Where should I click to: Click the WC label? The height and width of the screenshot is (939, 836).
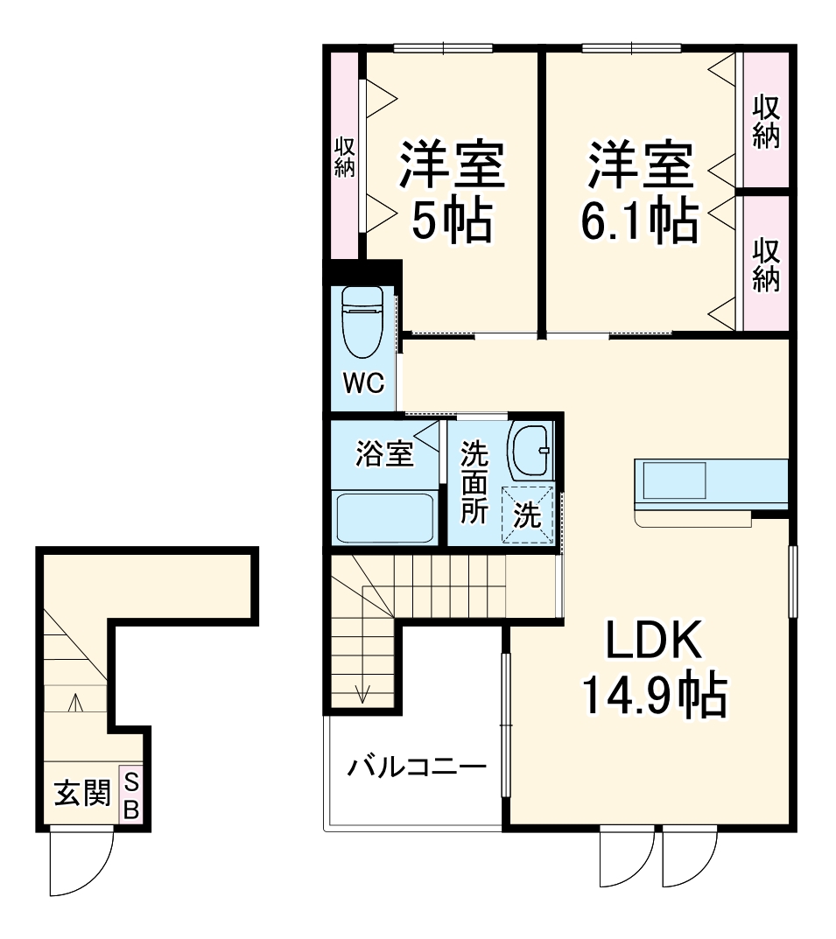pos(363,385)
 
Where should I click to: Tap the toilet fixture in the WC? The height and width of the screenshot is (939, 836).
pos(362,321)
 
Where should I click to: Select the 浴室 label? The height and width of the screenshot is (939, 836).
pos(383,455)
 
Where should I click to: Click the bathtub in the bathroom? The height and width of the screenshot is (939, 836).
pos(384,517)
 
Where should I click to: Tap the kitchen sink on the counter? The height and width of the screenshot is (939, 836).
pos(675,481)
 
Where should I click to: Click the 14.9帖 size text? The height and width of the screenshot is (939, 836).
pos(653,696)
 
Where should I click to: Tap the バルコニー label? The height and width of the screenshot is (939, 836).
pos(416,768)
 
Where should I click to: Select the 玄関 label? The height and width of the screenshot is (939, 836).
pos(82,795)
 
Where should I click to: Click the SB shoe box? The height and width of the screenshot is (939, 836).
pos(130,795)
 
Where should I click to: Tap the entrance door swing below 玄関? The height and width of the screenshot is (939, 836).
pos(81,862)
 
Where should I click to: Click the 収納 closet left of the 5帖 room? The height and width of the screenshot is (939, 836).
pos(344,158)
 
